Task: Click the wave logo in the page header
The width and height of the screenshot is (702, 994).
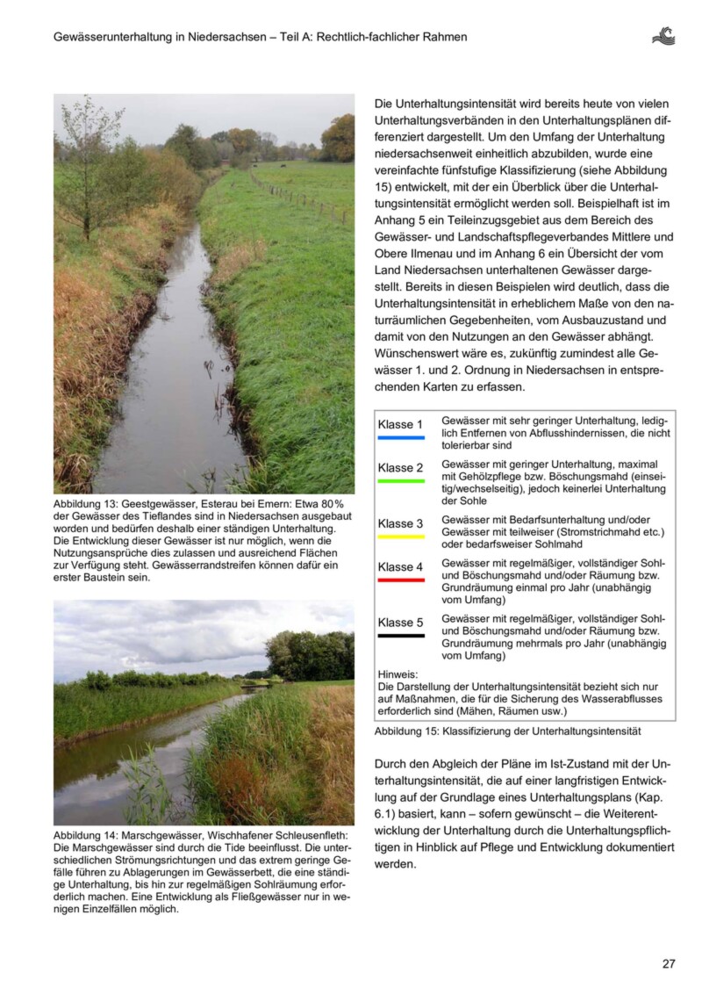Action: (663, 36)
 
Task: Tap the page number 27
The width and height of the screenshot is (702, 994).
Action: (669, 963)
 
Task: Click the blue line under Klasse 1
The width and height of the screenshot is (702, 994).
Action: (401, 437)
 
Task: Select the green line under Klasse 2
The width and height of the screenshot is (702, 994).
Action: (401, 480)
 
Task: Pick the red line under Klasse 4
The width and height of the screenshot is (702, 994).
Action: (401, 580)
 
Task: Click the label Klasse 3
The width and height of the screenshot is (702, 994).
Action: (400, 524)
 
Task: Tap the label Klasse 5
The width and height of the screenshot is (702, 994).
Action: (400, 623)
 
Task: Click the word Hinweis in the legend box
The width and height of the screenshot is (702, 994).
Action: (398, 673)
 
